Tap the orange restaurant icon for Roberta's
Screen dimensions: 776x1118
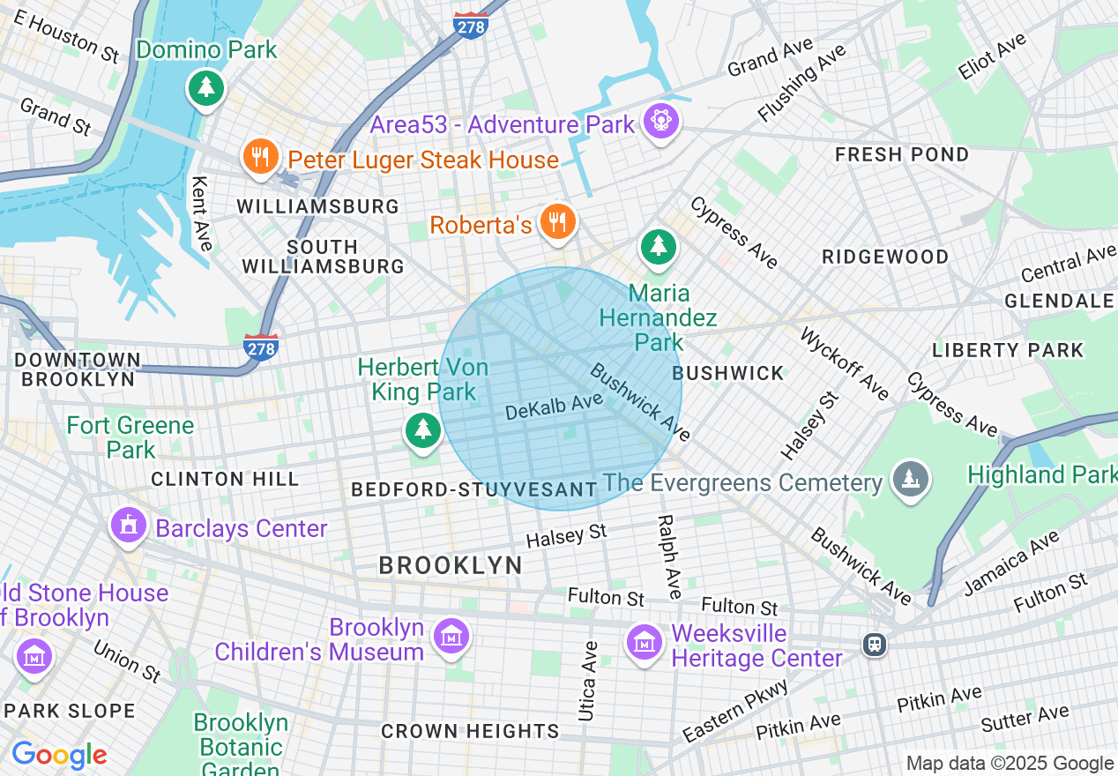(557, 222)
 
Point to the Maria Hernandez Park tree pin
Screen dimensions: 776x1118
(658, 246)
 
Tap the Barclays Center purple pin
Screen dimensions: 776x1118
(129, 526)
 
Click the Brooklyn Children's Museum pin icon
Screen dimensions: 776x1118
(451, 637)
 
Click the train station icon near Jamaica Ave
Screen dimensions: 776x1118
(875, 645)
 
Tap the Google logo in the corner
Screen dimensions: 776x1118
(59, 755)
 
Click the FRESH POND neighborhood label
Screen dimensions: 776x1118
(901, 155)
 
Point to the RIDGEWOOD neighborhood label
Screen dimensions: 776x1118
(884, 257)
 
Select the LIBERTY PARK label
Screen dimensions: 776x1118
(1007, 350)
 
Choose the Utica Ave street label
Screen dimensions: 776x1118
(588, 681)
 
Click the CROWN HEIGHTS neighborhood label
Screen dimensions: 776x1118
(470, 731)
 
